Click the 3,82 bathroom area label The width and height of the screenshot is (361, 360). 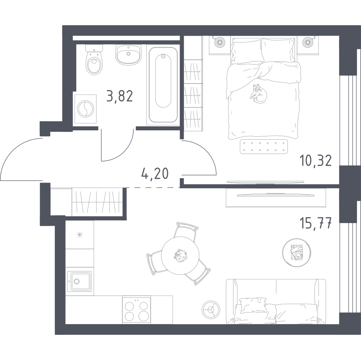(120, 96)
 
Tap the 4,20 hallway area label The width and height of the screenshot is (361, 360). (155, 174)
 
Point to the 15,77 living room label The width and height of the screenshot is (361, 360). (315, 223)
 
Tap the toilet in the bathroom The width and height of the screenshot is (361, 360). (94, 59)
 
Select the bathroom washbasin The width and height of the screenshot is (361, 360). (128, 55)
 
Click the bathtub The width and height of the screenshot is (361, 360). (163, 85)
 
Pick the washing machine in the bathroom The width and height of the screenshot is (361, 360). (85, 109)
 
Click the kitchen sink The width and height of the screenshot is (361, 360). (80, 281)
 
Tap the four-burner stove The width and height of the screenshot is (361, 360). (137, 310)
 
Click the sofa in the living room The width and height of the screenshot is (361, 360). (276, 302)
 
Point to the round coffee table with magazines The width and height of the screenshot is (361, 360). (296, 252)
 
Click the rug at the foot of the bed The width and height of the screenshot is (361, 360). (264, 146)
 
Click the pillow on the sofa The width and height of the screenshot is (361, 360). (253, 305)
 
